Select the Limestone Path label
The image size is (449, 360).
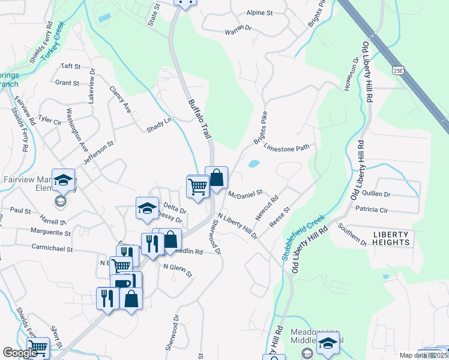pos(286,148)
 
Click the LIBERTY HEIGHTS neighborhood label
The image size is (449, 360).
pos(391,238)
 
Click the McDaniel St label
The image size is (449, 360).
pos(246,193)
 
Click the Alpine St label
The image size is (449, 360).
pos(260,13)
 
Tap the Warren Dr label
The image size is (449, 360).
pos(238,29)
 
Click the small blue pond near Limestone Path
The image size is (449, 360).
pos(253,163)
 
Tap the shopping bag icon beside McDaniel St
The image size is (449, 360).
pos(217,178)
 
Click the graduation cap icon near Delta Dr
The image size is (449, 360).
pos(147,209)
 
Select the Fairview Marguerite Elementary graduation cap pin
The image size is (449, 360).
pos(63,180)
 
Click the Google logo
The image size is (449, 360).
pos(20,353)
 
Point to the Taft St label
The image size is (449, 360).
pos(70,66)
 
